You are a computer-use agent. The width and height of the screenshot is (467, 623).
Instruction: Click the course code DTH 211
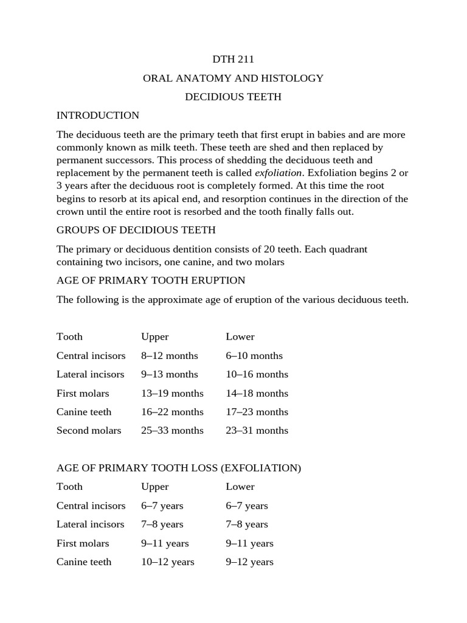[233, 59]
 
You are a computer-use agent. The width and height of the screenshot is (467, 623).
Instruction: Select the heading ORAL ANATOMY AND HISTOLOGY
[233, 78]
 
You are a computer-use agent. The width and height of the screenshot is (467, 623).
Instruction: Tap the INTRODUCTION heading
[98, 115]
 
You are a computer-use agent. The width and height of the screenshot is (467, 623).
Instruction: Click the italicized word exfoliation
[278, 172]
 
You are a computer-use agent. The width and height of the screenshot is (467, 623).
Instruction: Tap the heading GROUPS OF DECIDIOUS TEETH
[136, 230]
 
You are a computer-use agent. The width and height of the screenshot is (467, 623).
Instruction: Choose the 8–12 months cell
[170, 355]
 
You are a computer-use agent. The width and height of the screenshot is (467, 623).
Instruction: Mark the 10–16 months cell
[257, 374]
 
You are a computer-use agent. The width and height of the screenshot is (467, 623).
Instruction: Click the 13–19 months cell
[172, 393]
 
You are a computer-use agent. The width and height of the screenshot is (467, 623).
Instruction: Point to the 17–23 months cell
[257, 412]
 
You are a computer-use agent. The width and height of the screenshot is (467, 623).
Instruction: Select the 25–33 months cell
[172, 430]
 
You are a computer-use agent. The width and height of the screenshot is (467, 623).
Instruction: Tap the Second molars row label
[89, 430]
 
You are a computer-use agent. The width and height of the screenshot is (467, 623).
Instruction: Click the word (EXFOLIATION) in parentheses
[261, 468]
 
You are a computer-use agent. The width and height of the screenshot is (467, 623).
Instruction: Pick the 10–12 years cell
[167, 562]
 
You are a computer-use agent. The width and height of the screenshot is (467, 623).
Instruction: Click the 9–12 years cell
[249, 562]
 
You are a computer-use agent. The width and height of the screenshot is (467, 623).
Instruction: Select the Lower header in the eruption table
[240, 336]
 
